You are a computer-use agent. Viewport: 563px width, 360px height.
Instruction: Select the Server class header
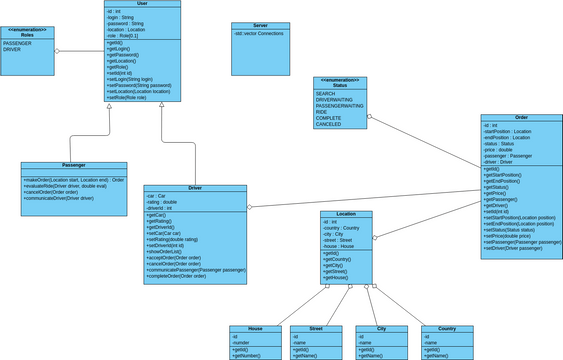coord(260,26)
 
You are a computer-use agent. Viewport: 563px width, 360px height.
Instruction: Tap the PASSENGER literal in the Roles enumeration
coord(19,44)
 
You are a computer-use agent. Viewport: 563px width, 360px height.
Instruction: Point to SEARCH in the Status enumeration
coord(326,93)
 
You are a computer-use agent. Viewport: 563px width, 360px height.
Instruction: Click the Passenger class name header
coord(73,165)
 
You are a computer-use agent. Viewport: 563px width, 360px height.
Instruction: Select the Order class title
coord(519,118)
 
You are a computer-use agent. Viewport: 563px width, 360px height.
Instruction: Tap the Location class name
coord(346,214)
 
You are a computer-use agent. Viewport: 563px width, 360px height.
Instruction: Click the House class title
coord(256,329)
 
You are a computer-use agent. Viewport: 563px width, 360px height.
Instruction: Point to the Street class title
coord(315,329)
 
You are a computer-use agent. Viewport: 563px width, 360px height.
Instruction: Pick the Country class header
coord(447,329)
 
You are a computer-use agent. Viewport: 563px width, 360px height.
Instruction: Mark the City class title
coord(384,329)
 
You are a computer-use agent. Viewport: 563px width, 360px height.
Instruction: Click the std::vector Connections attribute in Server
coord(259,34)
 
